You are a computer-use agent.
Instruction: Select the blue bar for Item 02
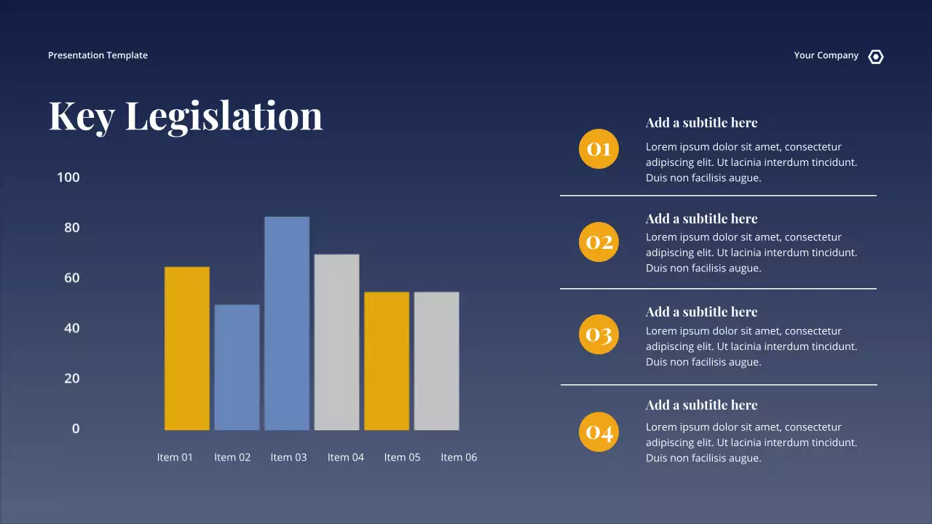coord(237,367)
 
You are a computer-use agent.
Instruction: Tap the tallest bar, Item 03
coord(287,323)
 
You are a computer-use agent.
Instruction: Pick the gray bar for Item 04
coord(336,342)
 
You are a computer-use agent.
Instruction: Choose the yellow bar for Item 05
coord(387,361)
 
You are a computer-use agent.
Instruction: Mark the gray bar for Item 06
coord(436,361)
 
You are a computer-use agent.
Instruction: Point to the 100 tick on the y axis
coord(68,178)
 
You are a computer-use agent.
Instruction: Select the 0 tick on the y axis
coord(76,429)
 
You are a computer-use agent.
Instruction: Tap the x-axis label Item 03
coord(288,457)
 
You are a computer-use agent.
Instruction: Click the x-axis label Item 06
coord(459,457)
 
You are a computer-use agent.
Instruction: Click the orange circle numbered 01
coord(599,148)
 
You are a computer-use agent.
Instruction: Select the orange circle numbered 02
coord(599,242)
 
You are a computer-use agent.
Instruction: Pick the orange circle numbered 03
coord(599,335)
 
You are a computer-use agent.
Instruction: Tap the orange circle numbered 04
coord(599,432)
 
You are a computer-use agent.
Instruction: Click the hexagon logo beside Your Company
coord(876,57)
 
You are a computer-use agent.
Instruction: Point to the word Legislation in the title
coord(224,116)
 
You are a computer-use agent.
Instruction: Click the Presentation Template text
coord(98,55)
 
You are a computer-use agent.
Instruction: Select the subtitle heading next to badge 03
coord(701,311)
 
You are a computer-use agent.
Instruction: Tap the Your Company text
coord(826,55)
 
